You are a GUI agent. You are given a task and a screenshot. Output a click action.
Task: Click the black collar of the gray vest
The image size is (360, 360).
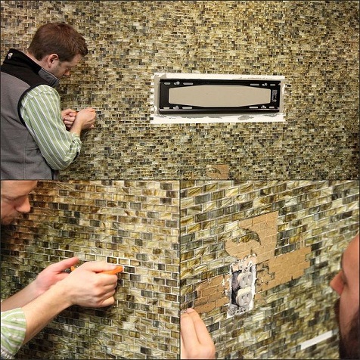[30, 64]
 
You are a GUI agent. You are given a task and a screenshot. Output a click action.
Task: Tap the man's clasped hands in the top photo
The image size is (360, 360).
[79, 118]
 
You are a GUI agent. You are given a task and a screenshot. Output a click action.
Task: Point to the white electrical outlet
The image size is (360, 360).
[242, 286]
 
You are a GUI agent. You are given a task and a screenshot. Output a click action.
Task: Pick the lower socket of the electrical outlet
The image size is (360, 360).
[243, 297]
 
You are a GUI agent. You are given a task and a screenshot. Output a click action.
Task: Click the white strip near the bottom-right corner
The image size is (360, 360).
[317, 340]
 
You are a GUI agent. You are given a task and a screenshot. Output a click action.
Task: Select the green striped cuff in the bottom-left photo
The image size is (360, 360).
[12, 331]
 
